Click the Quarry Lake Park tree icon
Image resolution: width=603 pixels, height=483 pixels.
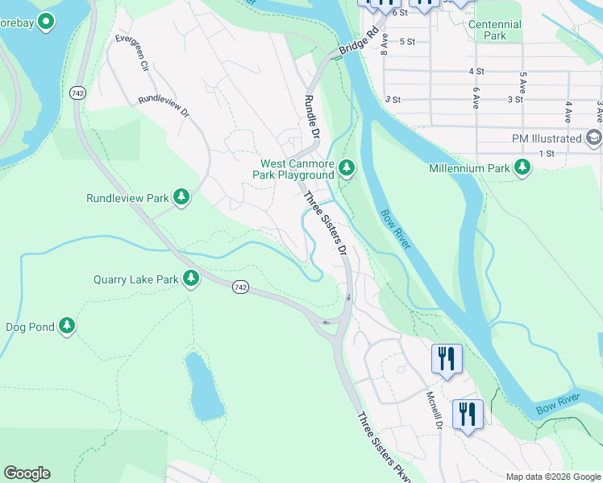coord(191,279)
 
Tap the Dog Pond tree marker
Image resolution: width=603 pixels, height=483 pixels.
coord(67,326)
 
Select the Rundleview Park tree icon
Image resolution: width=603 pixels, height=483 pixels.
coord(182,197)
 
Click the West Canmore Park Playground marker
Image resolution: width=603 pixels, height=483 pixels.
coord(347,167)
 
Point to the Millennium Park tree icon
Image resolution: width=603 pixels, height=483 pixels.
coord(523,167)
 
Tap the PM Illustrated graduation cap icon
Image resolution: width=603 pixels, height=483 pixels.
coord(595,138)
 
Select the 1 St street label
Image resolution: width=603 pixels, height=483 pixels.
coord(547,153)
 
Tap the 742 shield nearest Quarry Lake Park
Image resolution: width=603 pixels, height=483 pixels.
coord(241,287)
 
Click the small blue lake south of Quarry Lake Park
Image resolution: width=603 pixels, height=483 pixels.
coord(204,386)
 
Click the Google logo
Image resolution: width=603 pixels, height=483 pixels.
coord(27,473)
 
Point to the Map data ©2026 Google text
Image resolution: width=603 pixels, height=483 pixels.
coord(552,477)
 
